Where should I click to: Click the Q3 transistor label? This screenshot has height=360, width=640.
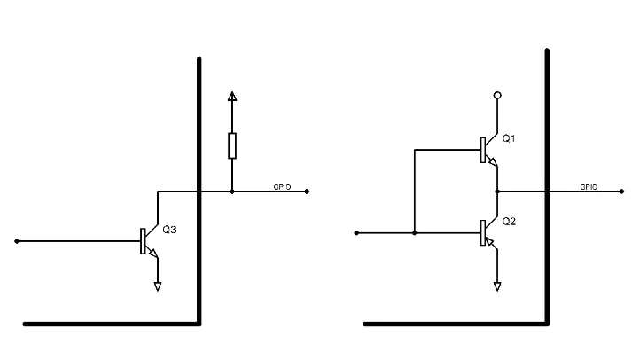169,230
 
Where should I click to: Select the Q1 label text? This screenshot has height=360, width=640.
508,139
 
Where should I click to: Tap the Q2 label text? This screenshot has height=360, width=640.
509,222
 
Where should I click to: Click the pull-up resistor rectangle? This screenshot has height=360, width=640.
232,145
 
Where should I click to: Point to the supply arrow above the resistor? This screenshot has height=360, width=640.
232,96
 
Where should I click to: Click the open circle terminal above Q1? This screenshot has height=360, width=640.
497,96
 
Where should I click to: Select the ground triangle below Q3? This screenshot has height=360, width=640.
158,286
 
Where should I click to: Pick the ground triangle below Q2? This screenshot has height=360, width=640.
497,286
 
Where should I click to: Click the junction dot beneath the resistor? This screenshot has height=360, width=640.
232,192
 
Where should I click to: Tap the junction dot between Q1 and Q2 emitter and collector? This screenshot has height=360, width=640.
497,192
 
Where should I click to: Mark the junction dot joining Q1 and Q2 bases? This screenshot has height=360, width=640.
415,233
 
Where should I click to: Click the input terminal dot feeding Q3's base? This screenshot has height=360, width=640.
17,241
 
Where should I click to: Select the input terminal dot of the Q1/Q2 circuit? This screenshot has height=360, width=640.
356,233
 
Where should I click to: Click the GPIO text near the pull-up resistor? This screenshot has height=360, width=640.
282,187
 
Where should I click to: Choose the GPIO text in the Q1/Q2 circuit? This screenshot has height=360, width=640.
589,187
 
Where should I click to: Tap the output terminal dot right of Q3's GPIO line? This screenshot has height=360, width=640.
307,192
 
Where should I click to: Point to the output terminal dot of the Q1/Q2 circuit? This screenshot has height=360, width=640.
621,192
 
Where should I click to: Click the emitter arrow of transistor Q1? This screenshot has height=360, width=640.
493,162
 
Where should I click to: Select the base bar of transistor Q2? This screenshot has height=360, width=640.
483,232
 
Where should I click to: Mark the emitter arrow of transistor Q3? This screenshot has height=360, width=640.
153,253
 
